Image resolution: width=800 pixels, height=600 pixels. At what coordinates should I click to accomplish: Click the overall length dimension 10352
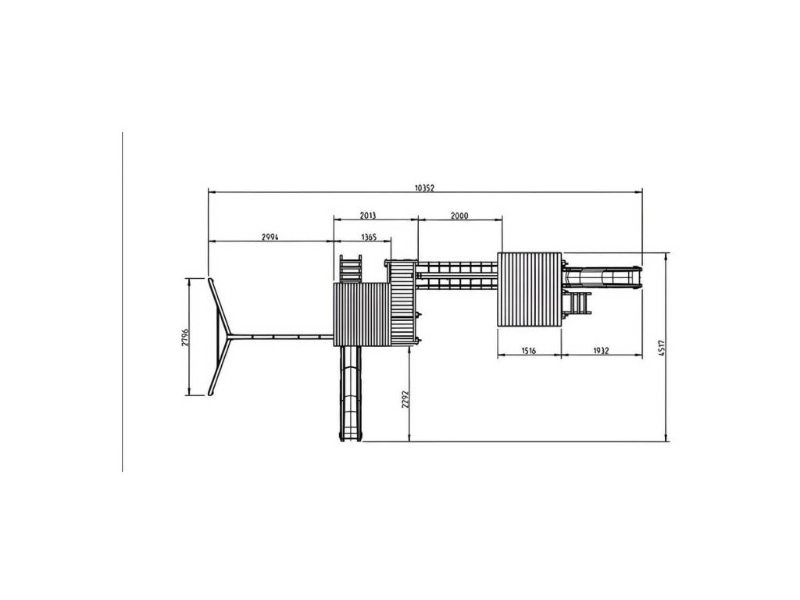[424, 187]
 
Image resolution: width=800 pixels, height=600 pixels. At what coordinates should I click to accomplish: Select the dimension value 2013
[368, 216]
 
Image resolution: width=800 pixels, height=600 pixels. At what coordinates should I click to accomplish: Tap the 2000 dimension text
[459, 216]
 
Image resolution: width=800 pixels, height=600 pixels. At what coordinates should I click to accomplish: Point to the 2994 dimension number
[270, 237]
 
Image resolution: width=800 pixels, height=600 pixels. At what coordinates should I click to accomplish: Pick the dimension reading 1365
[369, 237]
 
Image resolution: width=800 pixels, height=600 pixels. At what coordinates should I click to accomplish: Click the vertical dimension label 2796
[185, 337]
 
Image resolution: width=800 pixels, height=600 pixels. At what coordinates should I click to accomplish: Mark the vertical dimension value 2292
[405, 399]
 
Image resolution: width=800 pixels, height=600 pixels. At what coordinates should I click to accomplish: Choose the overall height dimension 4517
[661, 347]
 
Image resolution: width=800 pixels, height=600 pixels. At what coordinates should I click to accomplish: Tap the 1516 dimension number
[529, 351]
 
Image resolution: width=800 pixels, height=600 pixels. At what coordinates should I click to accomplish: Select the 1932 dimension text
[601, 351]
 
